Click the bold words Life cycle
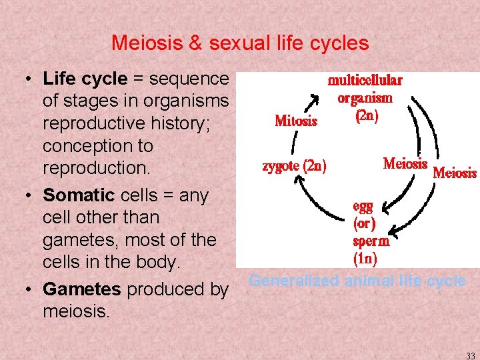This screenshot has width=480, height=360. click(85, 79)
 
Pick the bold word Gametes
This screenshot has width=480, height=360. click(82, 289)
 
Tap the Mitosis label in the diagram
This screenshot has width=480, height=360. click(296, 121)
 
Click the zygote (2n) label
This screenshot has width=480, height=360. click(294, 166)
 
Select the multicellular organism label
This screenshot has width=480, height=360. click(365, 89)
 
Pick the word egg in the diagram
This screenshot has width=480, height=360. click(363, 207)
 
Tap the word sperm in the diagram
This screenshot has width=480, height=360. click(371, 241)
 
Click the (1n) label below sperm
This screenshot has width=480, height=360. click(365, 257)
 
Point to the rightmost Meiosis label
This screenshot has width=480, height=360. click(455, 173)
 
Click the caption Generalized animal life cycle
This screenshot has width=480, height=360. click(357, 281)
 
